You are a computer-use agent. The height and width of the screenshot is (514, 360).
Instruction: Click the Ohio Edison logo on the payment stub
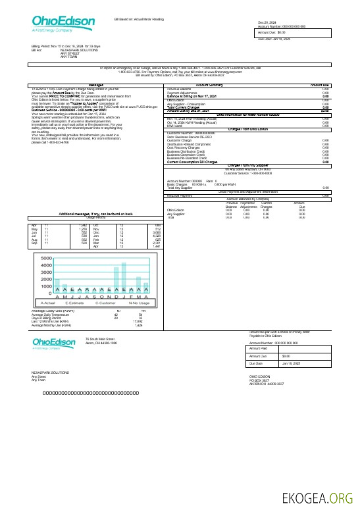(54, 344)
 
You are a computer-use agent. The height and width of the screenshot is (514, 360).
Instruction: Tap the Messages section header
(97, 85)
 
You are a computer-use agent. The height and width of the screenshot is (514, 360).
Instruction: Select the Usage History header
(96, 216)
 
